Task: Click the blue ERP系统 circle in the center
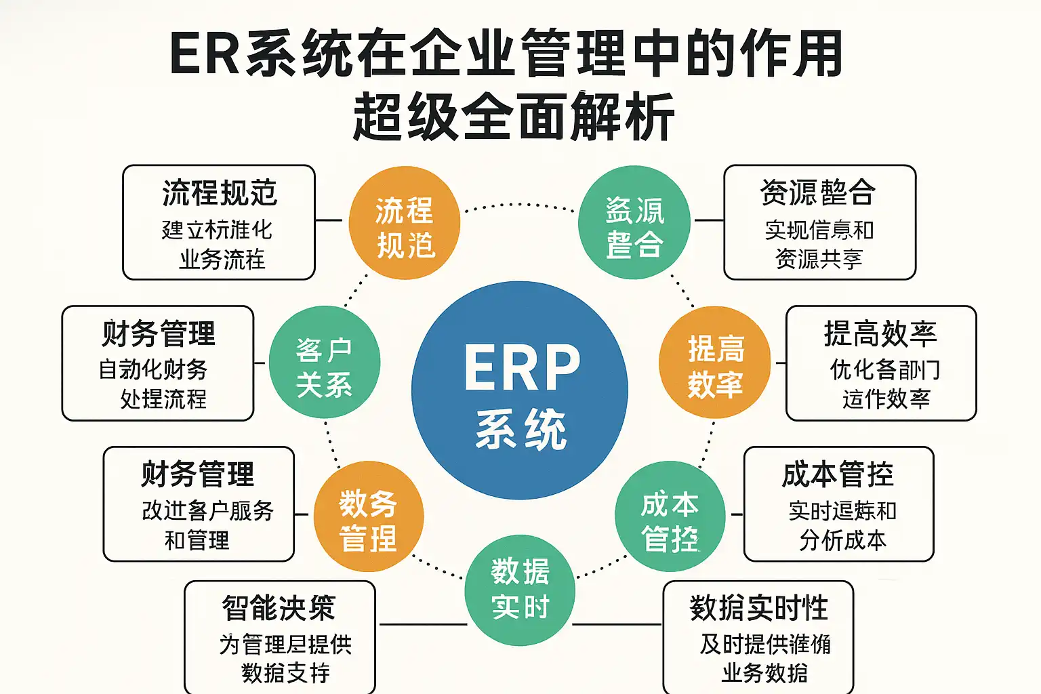click(x=520, y=390)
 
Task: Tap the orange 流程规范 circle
click(x=405, y=224)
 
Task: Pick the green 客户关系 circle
click(x=324, y=363)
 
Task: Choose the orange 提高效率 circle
click(x=715, y=363)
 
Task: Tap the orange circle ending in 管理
click(x=369, y=516)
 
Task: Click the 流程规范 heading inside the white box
click(x=220, y=193)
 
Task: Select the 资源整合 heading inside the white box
click(x=818, y=193)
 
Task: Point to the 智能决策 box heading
click(x=279, y=608)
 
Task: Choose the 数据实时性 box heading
click(x=758, y=608)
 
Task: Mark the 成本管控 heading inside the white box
click(x=838, y=474)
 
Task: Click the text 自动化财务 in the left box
click(x=153, y=369)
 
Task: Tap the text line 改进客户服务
click(x=207, y=510)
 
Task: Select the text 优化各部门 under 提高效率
click(x=885, y=369)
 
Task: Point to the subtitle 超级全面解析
click(x=514, y=117)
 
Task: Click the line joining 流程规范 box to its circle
click(x=329, y=220)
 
